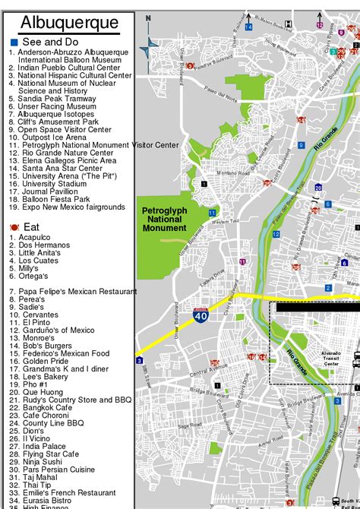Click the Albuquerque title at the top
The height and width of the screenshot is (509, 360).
[69, 23]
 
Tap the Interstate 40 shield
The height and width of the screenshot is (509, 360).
[200, 315]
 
